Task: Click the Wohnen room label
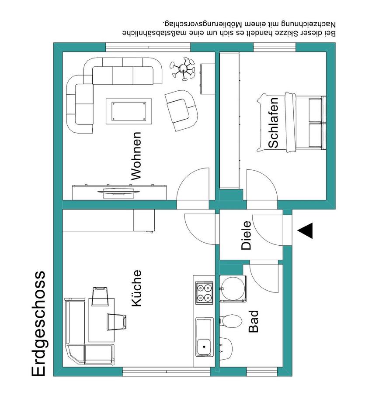pos(136,156)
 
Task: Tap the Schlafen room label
pos(273,123)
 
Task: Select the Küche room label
pos(136,288)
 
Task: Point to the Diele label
pos(246,235)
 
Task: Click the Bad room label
pos(253,321)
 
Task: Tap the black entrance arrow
pos(305,230)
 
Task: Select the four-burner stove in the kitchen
pos(204,292)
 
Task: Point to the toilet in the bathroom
pos(230,320)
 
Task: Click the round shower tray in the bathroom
pos(233,289)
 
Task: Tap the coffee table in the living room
pos(129,111)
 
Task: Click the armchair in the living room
pos(181,110)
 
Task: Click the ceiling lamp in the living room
pos(183,69)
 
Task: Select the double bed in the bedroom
pos(292,122)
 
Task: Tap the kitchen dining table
pos(101,320)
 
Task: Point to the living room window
pos(148,47)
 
